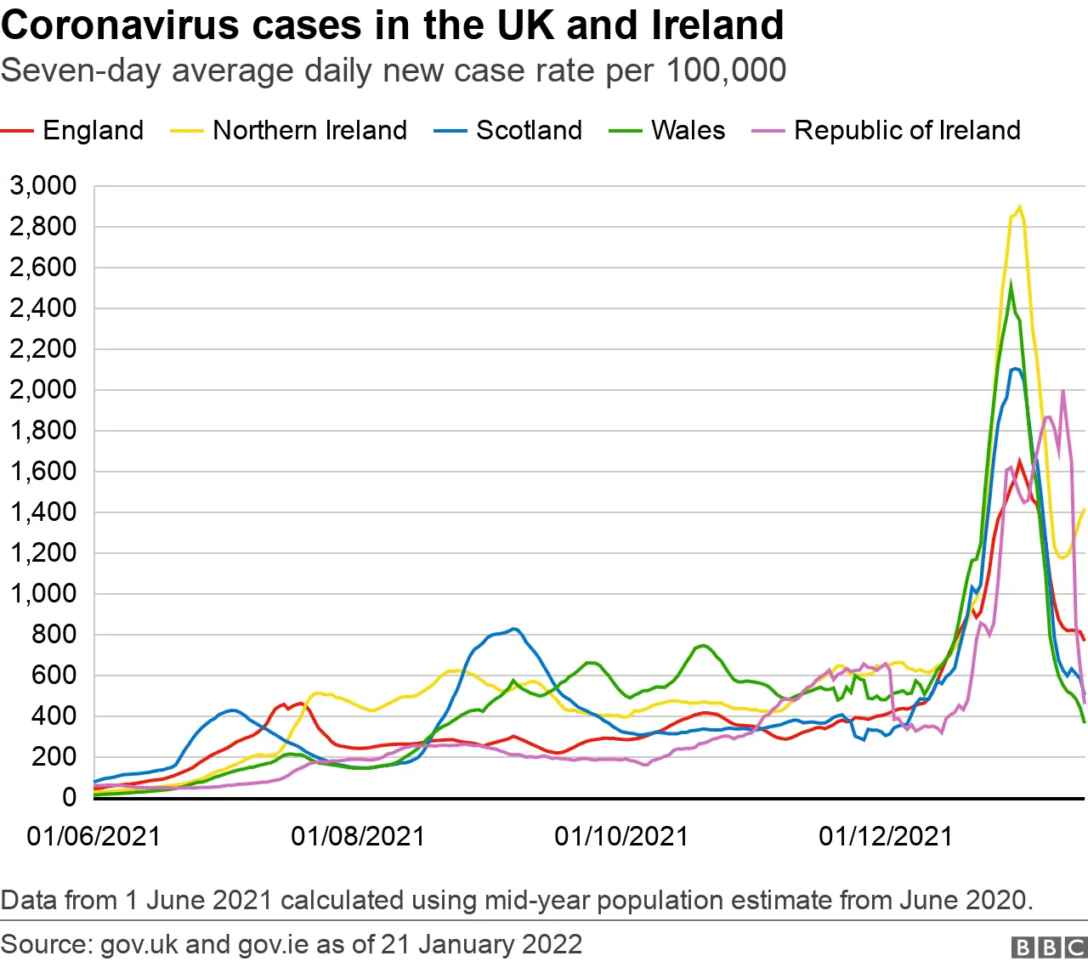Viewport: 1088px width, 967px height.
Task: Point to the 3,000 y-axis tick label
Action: tap(42, 185)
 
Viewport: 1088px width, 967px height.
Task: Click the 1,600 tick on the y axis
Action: tap(42, 471)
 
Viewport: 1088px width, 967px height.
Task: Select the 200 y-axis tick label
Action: tap(53, 756)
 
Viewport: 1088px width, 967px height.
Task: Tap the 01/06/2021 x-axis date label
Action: tap(93, 836)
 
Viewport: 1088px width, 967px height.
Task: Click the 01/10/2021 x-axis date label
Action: tap(621, 836)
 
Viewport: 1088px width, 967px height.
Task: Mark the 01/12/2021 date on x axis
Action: tap(886, 836)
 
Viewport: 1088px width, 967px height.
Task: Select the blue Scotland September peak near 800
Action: tap(513, 630)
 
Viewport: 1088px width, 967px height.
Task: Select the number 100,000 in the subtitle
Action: tap(726, 71)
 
